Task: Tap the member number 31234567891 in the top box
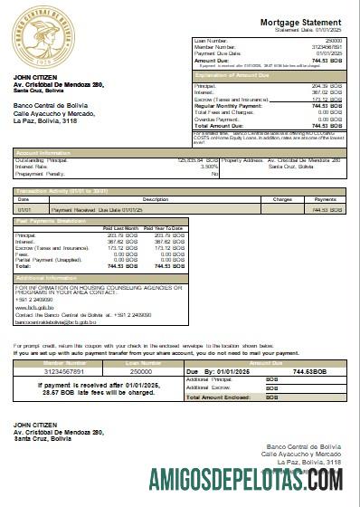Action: pos(327,48)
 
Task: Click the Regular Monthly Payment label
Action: pos(227,106)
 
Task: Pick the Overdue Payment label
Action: pos(214,118)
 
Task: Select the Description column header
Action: pos(156,199)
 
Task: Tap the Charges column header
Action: pos(282,199)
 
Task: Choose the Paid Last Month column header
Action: pos(121,228)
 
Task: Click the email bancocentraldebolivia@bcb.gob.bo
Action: pos(54,321)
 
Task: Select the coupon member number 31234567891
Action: pos(52,370)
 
